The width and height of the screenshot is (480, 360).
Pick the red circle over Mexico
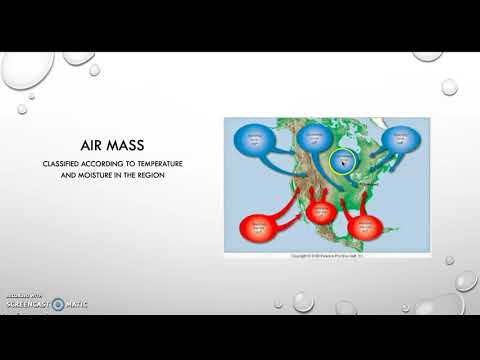[x=321, y=212]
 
